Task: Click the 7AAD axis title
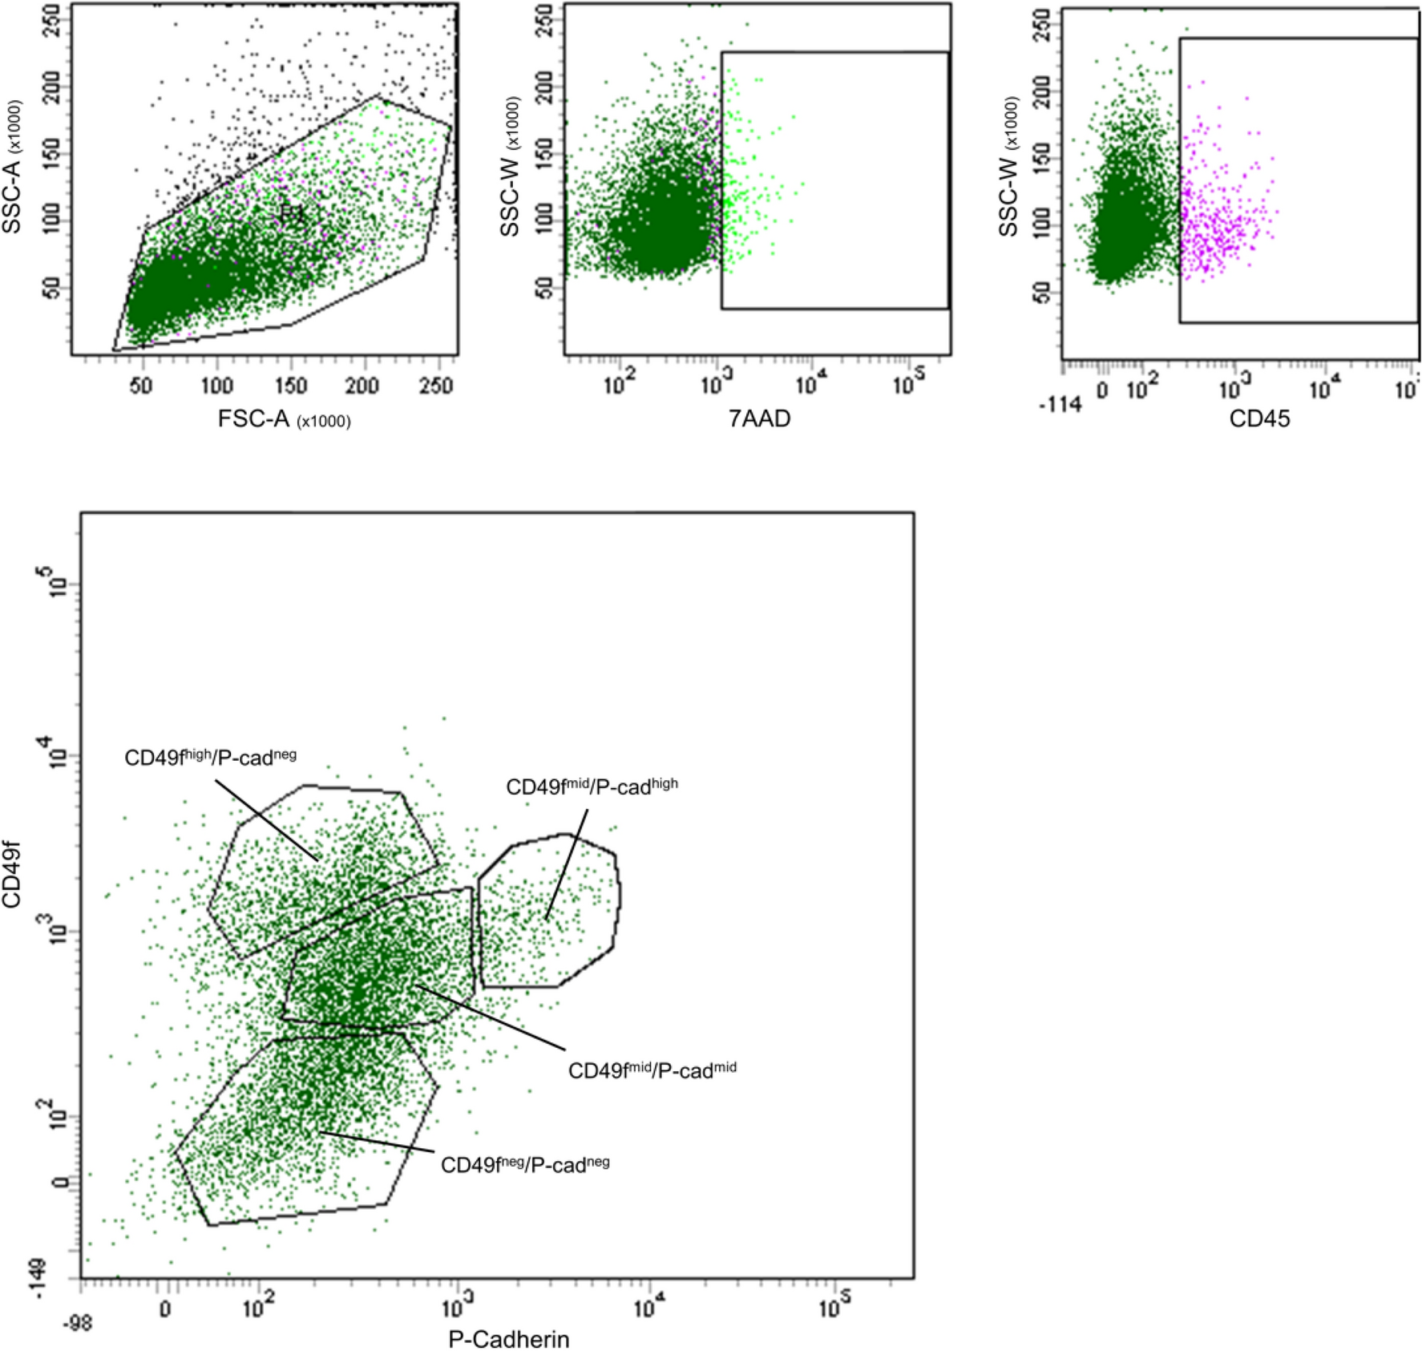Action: click(759, 419)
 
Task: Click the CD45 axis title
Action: click(1259, 419)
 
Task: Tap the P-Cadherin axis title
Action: click(508, 1339)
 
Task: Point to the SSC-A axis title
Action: click(12, 168)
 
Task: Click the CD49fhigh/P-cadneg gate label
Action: click(210, 757)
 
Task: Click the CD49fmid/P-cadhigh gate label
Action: click(592, 787)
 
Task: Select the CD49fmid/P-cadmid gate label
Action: click(652, 1070)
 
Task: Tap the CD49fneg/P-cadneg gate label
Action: click(525, 1164)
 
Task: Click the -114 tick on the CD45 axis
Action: click(1060, 405)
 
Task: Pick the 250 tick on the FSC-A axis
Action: click(436, 386)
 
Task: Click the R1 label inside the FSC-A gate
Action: click(293, 213)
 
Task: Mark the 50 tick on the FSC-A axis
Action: click(141, 386)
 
